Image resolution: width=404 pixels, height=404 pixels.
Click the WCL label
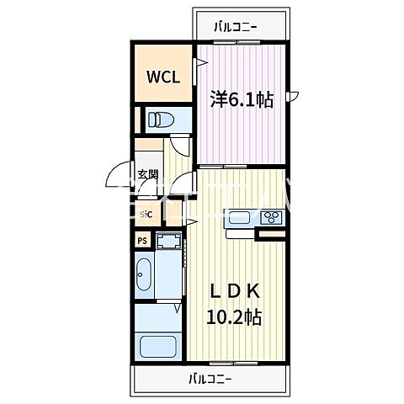164,77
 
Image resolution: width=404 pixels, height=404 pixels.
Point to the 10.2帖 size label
235,317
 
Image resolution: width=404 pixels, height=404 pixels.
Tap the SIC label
146,215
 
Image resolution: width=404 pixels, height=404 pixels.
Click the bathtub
157,348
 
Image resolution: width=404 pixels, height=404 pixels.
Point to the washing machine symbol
168,242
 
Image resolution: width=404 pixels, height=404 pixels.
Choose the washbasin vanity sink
144,274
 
